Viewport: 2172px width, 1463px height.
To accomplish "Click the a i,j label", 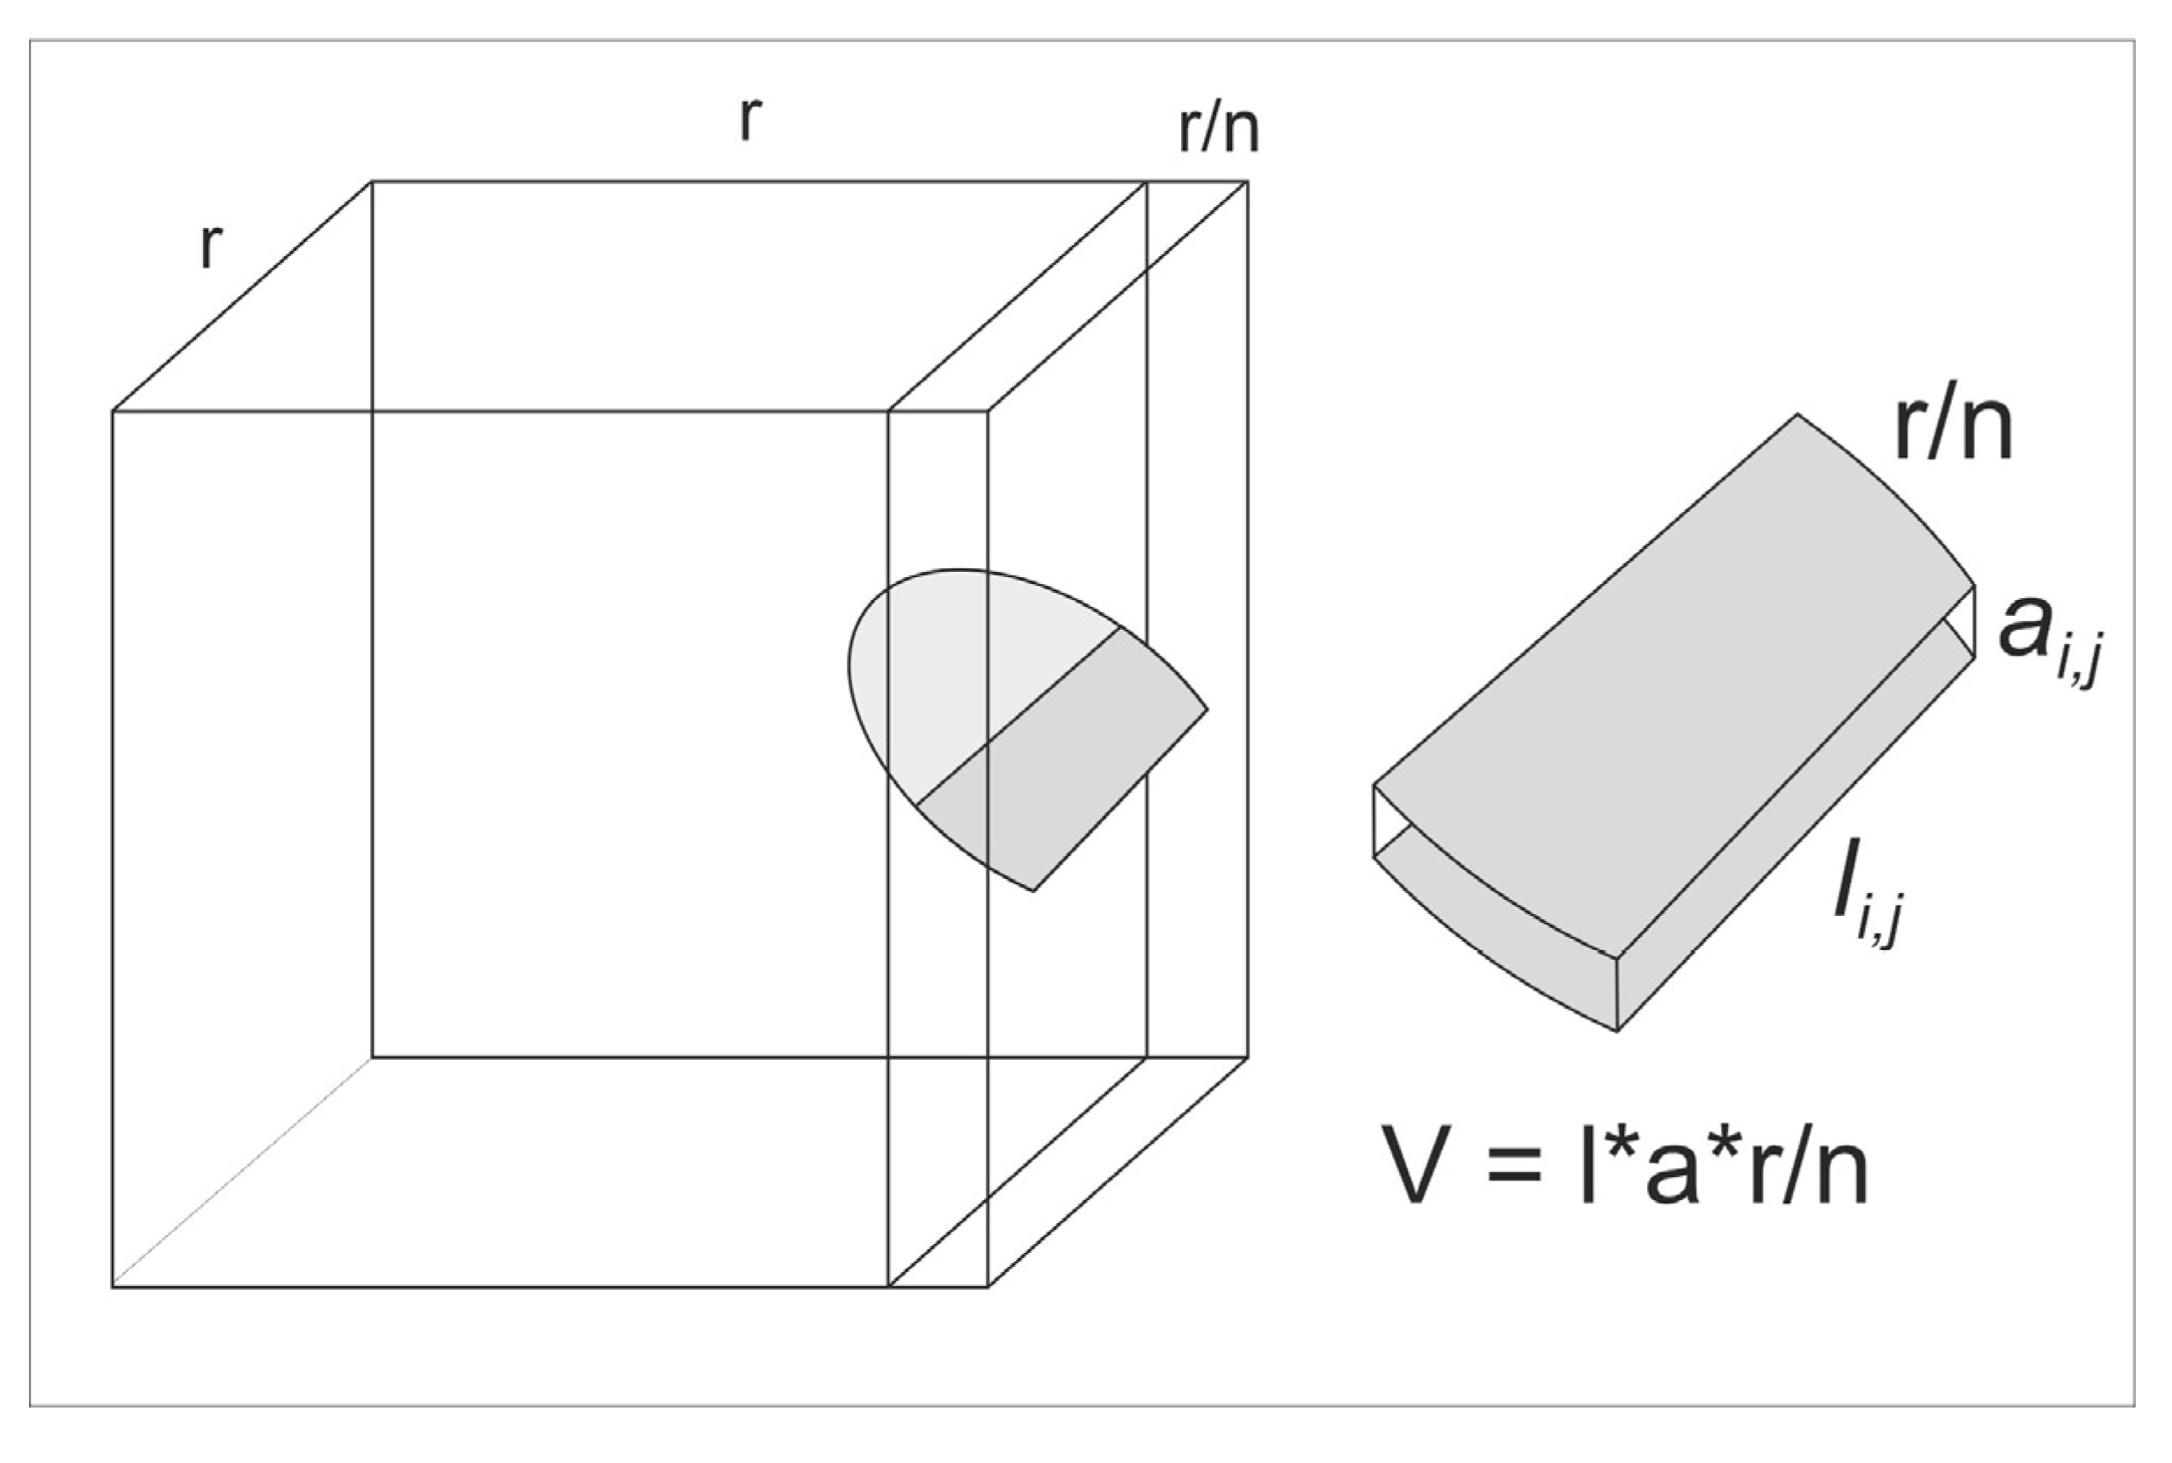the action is [2050, 642].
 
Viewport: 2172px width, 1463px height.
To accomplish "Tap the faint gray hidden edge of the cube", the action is [243, 1173].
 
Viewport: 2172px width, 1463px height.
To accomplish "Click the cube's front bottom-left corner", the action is [113, 1288].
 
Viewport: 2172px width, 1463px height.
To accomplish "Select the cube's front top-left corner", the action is [113, 411].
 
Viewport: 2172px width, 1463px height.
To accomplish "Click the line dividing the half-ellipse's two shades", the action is [1018, 717].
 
